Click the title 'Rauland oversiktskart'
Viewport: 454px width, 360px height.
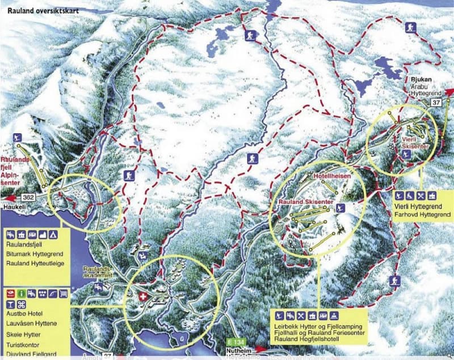(43, 10)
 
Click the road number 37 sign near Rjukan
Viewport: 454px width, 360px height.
(436, 102)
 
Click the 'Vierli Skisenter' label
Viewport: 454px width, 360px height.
(413, 142)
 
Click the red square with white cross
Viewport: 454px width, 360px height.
(142, 297)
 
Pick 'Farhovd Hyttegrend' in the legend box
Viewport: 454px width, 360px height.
(423, 214)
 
